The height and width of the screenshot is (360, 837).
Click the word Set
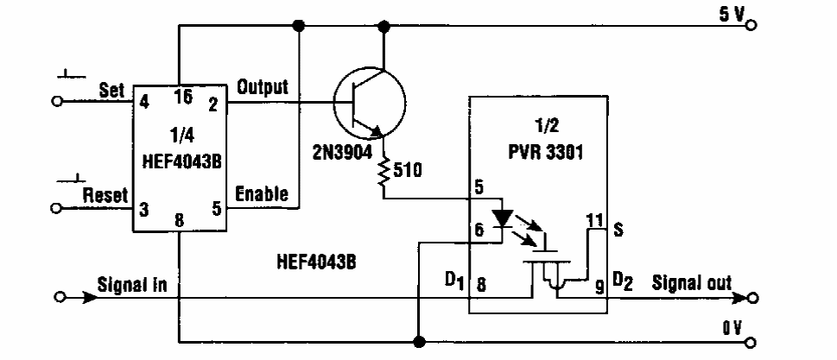click(x=111, y=89)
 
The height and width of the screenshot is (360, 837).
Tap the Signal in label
click(x=130, y=283)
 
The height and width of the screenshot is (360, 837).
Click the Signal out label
click(x=692, y=282)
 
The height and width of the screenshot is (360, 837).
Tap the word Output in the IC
click(x=263, y=88)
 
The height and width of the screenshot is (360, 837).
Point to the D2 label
click(x=623, y=280)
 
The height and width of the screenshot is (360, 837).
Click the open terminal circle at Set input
click(x=58, y=100)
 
